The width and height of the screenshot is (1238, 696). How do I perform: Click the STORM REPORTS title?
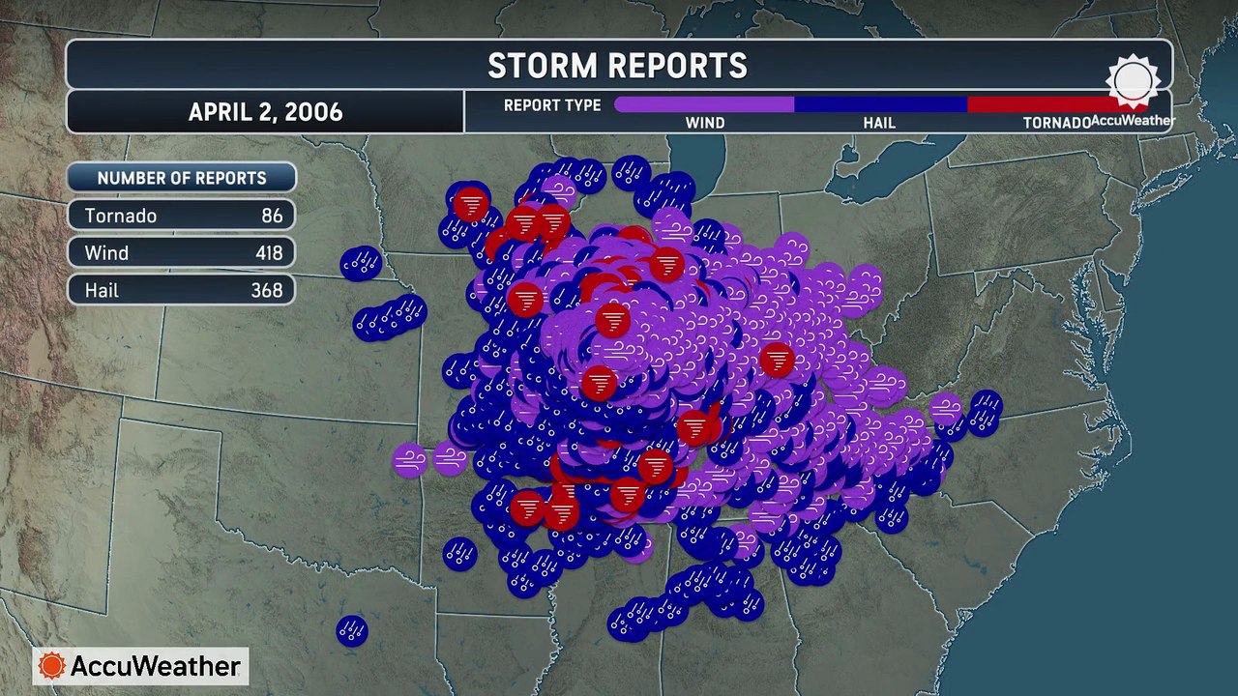(617, 66)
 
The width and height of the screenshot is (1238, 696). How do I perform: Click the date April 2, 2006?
(265, 112)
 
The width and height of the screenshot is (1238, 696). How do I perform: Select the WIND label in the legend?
(705, 123)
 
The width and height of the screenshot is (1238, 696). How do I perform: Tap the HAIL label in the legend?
(879, 123)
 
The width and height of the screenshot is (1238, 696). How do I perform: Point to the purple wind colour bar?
(704, 104)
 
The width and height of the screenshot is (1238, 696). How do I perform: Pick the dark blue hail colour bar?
(880, 104)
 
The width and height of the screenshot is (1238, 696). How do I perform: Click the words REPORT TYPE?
(552, 105)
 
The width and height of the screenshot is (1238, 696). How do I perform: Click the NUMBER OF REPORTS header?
(182, 178)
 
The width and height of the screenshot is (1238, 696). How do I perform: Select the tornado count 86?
(272, 216)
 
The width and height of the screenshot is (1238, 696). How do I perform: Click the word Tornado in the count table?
(121, 216)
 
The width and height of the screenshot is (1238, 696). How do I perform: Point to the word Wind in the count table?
(106, 253)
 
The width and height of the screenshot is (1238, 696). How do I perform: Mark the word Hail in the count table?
(102, 290)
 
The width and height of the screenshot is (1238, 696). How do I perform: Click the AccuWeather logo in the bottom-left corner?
(141, 666)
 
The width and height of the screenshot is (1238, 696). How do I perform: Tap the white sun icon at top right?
(1133, 81)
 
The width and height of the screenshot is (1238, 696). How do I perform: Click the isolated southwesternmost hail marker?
(352, 631)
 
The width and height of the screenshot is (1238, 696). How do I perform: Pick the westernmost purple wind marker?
(410, 459)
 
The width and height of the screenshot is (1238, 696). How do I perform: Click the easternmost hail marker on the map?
(986, 405)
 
